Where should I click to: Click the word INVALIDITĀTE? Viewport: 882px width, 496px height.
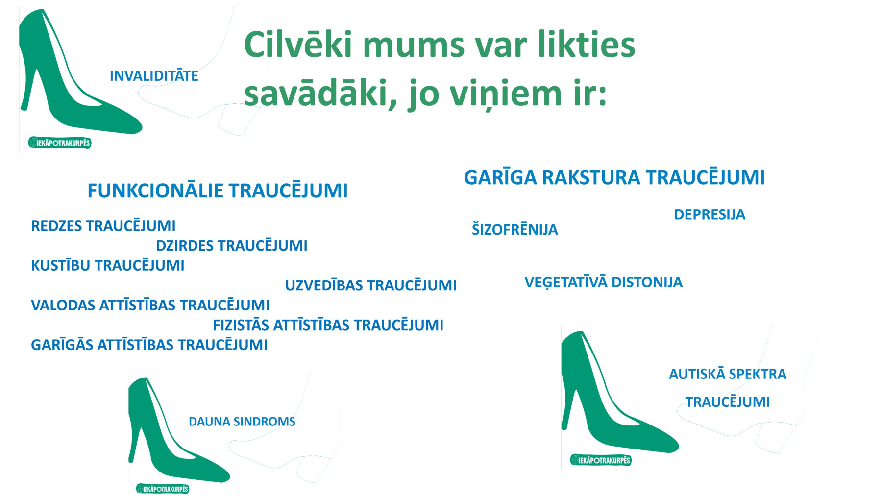click(x=154, y=75)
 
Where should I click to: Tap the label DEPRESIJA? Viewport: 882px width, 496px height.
click(x=710, y=214)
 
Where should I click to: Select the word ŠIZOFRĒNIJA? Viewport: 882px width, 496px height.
click(x=514, y=229)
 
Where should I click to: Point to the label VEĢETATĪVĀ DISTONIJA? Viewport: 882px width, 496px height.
click(x=603, y=282)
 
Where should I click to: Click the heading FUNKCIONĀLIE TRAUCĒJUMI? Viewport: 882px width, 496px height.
click(x=218, y=190)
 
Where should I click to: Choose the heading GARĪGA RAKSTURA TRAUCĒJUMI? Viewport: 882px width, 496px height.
click(x=614, y=177)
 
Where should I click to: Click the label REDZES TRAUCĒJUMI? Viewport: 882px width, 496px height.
click(x=103, y=225)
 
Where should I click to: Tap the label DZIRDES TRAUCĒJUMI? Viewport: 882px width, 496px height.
click(x=232, y=245)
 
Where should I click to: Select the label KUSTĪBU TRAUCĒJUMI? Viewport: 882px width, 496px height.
click(x=108, y=265)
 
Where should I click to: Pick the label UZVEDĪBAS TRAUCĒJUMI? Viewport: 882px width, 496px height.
click(x=371, y=285)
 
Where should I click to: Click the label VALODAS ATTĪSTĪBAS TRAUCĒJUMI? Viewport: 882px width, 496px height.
click(x=150, y=305)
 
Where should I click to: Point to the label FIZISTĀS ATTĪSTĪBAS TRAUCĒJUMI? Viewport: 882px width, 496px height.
click(x=328, y=325)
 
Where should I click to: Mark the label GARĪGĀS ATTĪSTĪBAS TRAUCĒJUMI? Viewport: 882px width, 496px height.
click(x=149, y=344)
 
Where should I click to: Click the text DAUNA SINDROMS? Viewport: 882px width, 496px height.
click(x=242, y=421)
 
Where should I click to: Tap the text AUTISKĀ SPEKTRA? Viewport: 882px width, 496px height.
click(x=728, y=374)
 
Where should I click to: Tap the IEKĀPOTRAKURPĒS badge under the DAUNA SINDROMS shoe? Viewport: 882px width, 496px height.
click(x=162, y=489)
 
